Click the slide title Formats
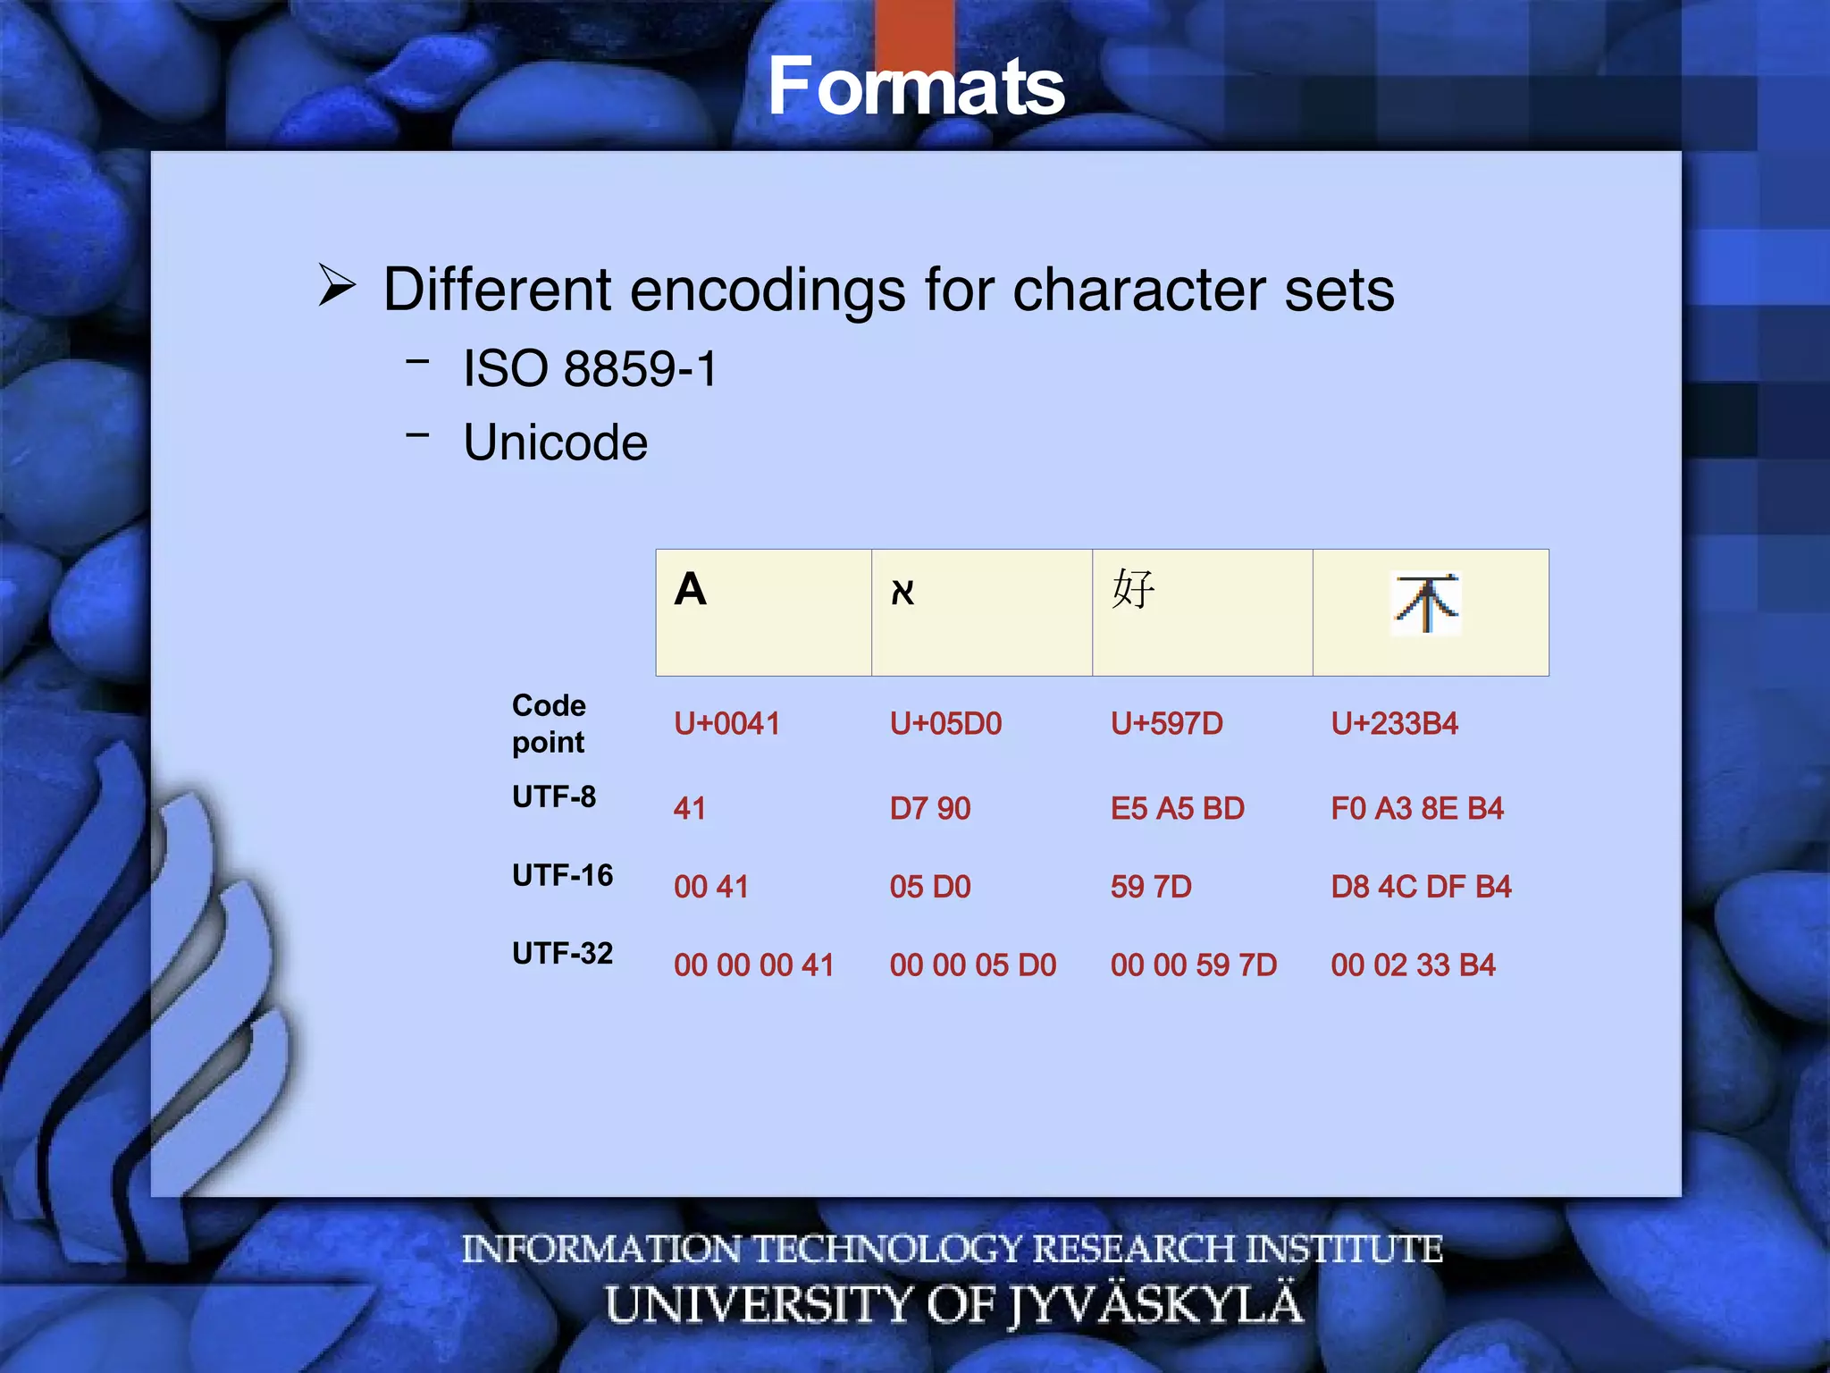tap(916, 87)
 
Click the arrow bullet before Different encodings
tap(337, 287)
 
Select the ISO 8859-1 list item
tap(590, 369)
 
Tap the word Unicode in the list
tap(555, 443)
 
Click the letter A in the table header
tap(690, 590)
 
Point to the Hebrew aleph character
tap(902, 593)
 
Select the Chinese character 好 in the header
tap(1133, 590)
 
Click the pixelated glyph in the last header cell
tap(1426, 604)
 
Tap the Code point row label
tap(549, 723)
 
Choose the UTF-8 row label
tap(554, 796)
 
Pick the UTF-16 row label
tap(562, 875)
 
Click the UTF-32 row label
tap(562, 954)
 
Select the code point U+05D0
tap(945, 723)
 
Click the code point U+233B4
tap(1394, 723)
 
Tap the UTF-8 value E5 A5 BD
tap(1177, 809)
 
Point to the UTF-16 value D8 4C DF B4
tap(1421, 887)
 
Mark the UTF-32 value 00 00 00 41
tap(753, 965)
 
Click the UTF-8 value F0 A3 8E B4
tap(1417, 809)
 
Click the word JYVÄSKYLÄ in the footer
tap(1156, 1305)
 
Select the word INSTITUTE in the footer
tap(1344, 1249)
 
